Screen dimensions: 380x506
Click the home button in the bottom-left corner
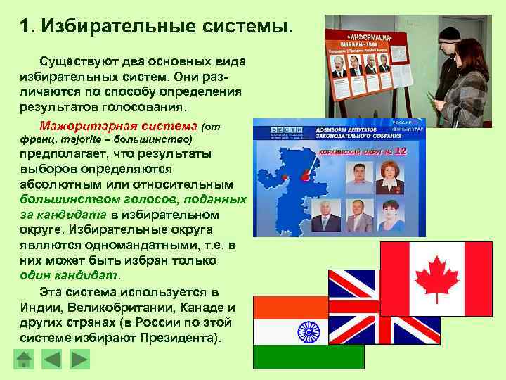pyautogui.click(x=24, y=360)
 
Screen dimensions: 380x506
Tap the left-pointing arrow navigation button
pyautogui.click(x=52, y=360)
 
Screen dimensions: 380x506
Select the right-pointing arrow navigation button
pyautogui.click(x=80, y=360)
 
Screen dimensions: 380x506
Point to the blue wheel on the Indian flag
pyautogui.click(x=309, y=331)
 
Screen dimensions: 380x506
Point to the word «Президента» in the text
pyautogui.click(x=186, y=338)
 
